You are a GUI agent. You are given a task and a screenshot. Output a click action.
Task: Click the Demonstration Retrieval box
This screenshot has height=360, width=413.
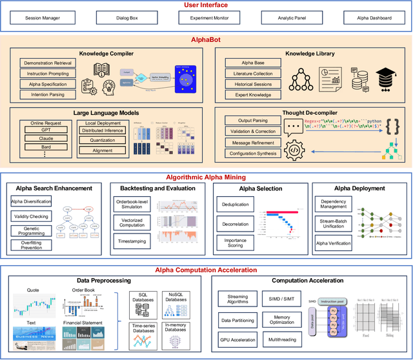[x=48, y=63]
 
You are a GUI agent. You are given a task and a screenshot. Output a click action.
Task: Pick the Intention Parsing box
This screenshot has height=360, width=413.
[x=48, y=95]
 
